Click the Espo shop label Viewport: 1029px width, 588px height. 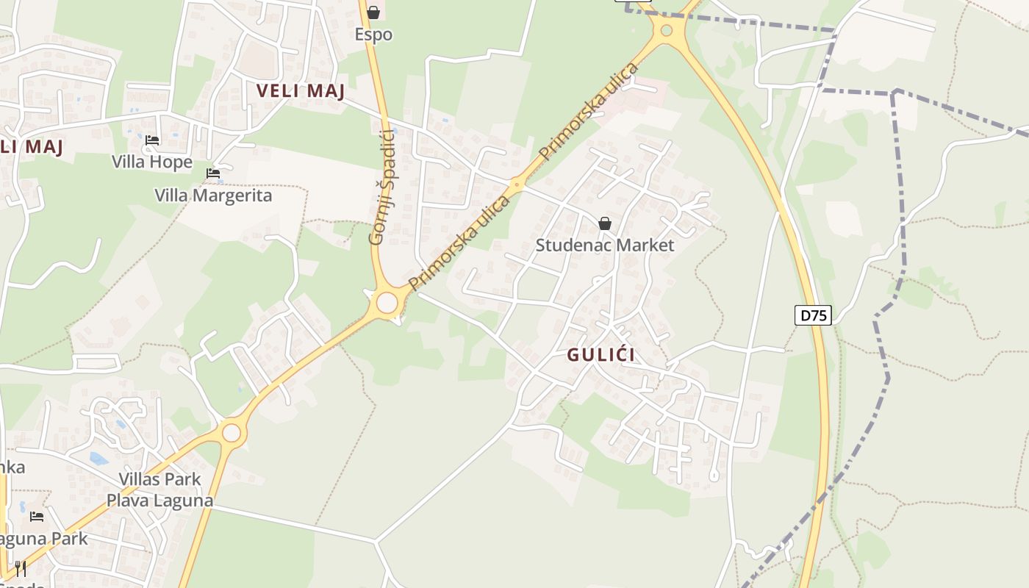[x=373, y=35]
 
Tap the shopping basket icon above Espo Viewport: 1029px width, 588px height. [x=373, y=12]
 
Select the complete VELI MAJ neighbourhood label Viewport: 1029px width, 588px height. [x=301, y=91]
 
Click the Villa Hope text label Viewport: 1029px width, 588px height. [x=152, y=162]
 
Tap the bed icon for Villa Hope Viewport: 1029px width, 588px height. [x=152, y=140]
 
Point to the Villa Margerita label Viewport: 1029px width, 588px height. [x=213, y=196]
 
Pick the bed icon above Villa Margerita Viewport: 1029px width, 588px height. [x=213, y=173]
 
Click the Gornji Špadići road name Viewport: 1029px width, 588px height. [x=381, y=185]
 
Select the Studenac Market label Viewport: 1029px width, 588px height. [x=604, y=245]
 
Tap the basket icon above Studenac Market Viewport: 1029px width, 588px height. [x=605, y=223]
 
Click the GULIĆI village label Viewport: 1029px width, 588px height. [x=600, y=355]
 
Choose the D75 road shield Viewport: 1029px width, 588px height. [x=813, y=316]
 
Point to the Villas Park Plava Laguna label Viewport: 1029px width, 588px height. [x=160, y=490]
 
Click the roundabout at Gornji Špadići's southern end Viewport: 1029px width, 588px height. [x=387, y=303]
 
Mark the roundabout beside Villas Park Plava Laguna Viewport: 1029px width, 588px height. [x=232, y=433]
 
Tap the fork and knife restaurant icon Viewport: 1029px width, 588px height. [x=21, y=568]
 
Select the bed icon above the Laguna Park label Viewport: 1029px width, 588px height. [x=37, y=517]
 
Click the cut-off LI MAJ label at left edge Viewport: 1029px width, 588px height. [x=32, y=146]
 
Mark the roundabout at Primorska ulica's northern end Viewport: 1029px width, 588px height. [x=667, y=31]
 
